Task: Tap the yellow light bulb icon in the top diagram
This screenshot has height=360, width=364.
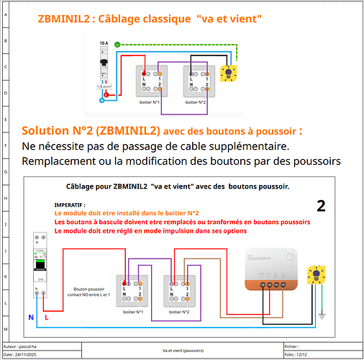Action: (229, 73)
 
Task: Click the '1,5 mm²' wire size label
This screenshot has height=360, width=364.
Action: (104, 86)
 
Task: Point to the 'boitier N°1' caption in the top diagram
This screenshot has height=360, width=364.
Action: (149, 102)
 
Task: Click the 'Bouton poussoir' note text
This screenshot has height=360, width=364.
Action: (85, 287)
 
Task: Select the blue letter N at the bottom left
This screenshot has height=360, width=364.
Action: (29, 316)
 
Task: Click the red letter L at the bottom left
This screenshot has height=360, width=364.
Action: (47, 316)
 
